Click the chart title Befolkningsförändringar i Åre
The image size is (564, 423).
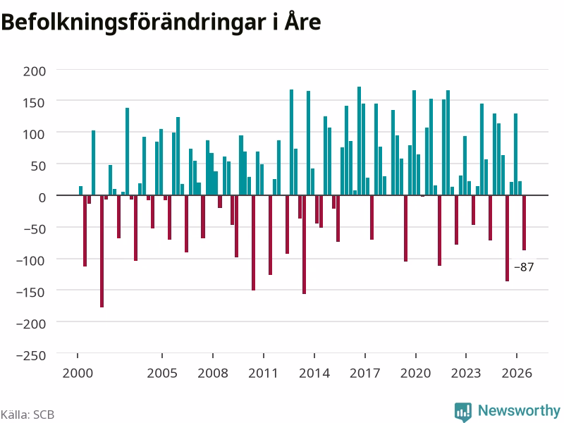click(161, 23)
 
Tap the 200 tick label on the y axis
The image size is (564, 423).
click(35, 71)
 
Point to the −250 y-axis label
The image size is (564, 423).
click(31, 355)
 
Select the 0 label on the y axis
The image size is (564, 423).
click(42, 197)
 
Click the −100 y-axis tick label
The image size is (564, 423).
click(31, 260)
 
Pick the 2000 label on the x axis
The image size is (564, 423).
click(78, 373)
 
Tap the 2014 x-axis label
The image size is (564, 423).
click(314, 373)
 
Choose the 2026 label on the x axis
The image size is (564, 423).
click(517, 373)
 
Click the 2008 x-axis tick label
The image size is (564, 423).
click(213, 373)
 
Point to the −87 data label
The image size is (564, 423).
click(524, 267)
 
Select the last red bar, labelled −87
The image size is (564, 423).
click(524, 223)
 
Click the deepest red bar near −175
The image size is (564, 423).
click(102, 251)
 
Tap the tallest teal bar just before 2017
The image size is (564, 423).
click(359, 141)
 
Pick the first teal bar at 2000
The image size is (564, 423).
click(80, 190)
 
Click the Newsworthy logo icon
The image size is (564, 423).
click(463, 412)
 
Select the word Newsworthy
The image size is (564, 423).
click(519, 410)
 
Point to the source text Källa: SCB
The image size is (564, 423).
click(27, 415)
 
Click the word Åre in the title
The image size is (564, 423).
click(302, 22)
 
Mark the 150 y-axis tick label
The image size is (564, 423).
click(35, 103)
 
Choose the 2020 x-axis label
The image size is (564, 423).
click(416, 373)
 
